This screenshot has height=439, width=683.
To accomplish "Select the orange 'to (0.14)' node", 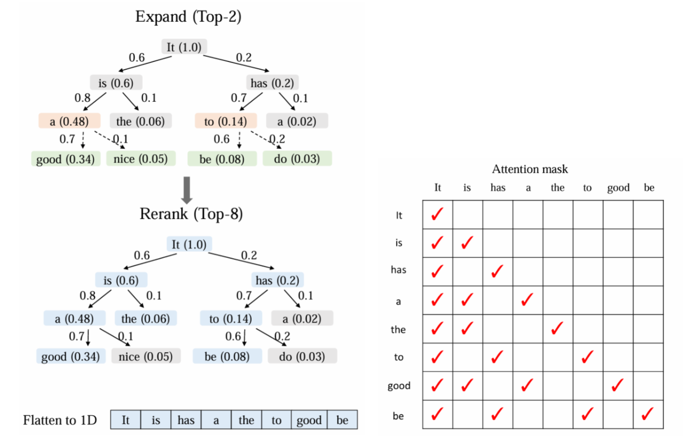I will tap(226, 122).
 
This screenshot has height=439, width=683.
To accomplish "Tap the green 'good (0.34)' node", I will tap(65, 159).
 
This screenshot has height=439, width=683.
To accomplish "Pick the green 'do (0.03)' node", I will tap(297, 159).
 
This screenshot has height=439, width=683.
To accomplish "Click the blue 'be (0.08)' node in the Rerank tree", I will tap(227, 356).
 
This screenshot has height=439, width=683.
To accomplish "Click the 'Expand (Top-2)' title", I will tap(188, 17).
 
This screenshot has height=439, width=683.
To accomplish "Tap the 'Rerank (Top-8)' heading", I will tap(190, 214).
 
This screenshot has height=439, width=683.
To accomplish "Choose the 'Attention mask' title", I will tap(530, 169).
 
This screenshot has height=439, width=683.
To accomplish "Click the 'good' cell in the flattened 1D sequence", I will tap(309, 420).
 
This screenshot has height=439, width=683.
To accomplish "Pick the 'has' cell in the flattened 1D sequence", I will tap(186, 420).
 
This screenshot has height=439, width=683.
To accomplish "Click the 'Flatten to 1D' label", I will tap(60, 420).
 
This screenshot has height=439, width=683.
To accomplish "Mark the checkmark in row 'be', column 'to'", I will tap(587, 414).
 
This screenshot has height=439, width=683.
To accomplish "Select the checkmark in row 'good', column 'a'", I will tap(527, 385).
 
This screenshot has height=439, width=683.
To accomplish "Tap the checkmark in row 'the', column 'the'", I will tap(557, 328).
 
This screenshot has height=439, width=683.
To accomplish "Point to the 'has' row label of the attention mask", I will tap(399, 270).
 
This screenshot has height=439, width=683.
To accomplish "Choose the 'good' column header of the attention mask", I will tap(618, 188).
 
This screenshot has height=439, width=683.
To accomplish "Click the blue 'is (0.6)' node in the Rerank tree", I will tap(121, 280).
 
